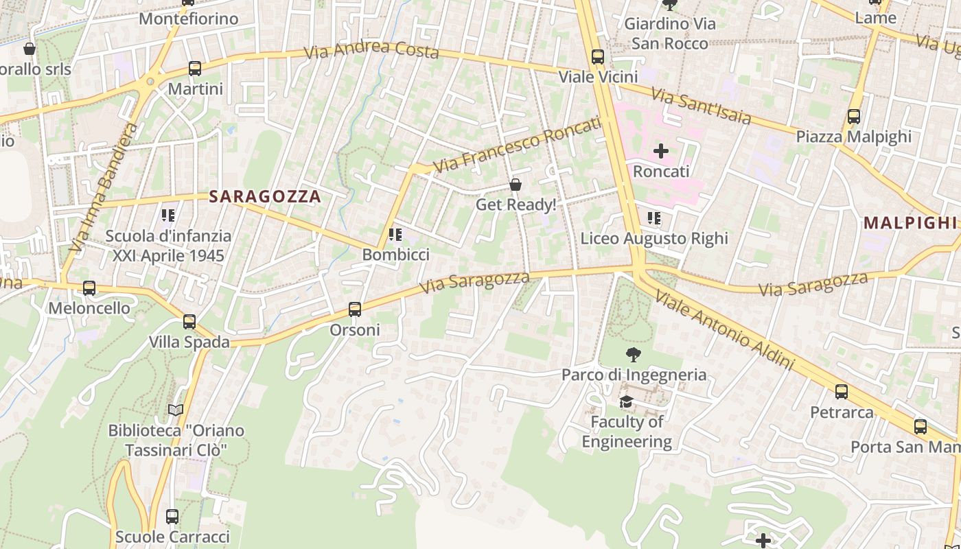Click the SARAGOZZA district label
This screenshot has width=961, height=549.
265,196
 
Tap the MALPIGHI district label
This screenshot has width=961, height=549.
910,222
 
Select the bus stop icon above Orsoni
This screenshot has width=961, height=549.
355,309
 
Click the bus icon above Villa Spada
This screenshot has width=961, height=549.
189,321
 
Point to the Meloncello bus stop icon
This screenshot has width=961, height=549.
89,288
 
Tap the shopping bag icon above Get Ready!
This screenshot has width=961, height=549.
516,185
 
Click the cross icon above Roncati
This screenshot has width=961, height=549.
661,150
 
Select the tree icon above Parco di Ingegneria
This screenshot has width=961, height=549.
634,355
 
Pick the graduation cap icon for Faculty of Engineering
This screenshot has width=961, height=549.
626,401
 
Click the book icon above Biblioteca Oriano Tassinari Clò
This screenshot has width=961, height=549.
176,410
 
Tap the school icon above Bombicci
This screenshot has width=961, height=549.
395,235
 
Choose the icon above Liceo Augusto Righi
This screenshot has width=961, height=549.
654,218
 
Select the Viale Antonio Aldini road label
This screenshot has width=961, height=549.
724,330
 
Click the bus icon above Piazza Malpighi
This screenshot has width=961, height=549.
854,117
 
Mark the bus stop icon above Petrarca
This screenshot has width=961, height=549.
842,392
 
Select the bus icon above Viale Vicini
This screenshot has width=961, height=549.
598,57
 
